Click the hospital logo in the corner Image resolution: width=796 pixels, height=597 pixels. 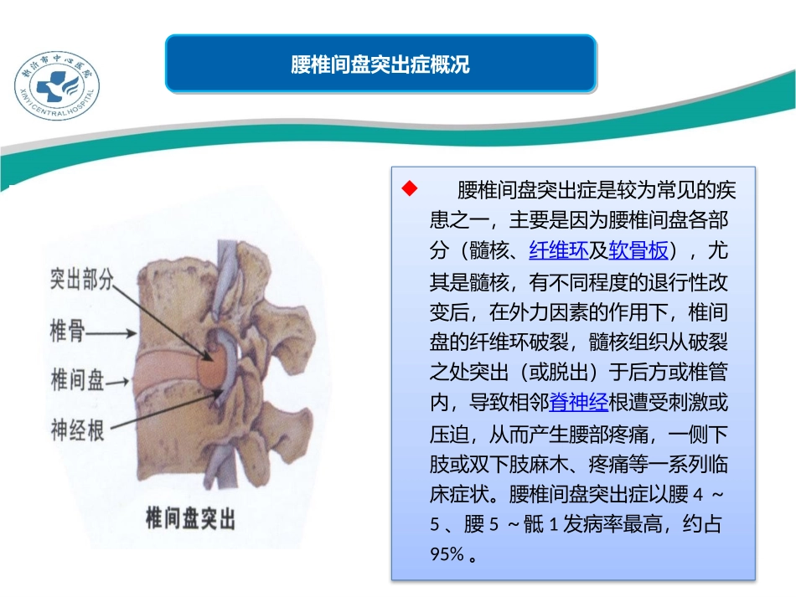tap(57, 80)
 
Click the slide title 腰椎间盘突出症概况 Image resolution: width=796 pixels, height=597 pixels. tap(380, 64)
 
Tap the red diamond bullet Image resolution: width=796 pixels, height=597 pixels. tap(410, 187)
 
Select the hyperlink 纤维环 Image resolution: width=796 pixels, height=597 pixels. tap(558, 250)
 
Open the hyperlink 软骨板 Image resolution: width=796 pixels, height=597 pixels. tap(638, 250)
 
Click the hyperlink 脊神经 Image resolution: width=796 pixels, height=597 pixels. tap(578, 403)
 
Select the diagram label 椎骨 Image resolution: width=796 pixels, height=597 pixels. tap(69, 332)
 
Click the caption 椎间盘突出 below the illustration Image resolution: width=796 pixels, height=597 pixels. tap(190, 518)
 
